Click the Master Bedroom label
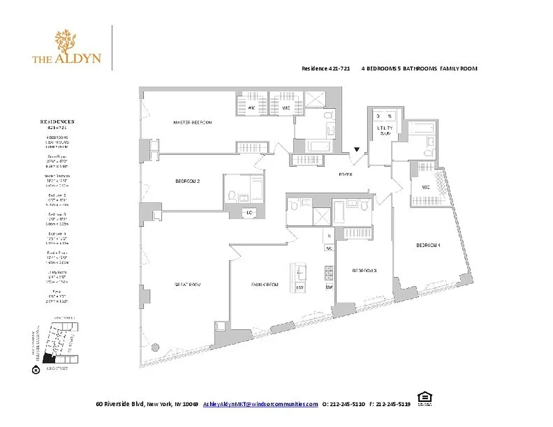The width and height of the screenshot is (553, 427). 192,123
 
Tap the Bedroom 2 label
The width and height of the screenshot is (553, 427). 188,181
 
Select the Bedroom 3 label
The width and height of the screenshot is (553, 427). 364,271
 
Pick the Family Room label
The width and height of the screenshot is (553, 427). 264,284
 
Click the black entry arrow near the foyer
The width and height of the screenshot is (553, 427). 357,150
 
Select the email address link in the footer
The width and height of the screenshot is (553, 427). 260,404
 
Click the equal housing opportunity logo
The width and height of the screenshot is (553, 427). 425,398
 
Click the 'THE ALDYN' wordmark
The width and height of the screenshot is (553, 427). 67,59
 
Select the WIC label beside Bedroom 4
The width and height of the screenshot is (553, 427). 425,187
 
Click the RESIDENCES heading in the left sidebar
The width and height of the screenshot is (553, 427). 57,122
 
